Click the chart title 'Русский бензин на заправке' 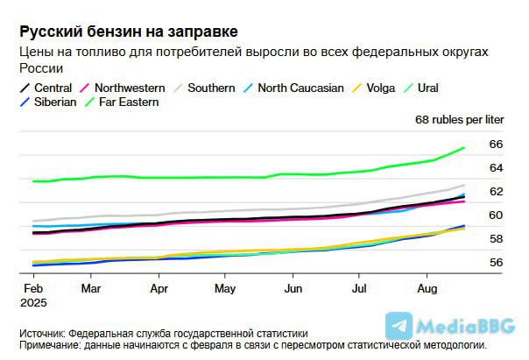click(129, 32)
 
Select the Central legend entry click(46, 88)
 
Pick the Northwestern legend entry click(123, 88)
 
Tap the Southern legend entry click(204, 88)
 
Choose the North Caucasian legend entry click(293, 88)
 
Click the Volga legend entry click(373, 88)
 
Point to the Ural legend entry click(420, 88)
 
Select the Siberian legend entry click(48, 102)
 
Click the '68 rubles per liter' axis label click(460, 120)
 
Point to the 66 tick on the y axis click(496, 145)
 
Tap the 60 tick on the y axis click(496, 215)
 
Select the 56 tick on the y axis click(496, 263)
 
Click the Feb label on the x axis click(33, 289)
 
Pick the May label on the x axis click(225, 289)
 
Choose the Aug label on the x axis click(427, 289)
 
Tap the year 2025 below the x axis click(33, 303)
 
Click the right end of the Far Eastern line click(464, 148)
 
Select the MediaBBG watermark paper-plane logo click(399, 326)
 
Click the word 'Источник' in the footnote click(42, 334)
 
